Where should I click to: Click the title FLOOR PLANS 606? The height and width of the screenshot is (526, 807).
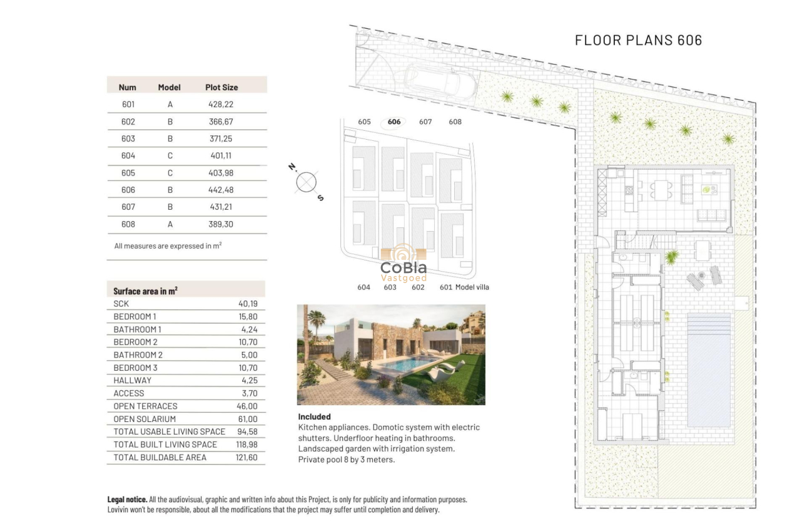[x=638, y=40]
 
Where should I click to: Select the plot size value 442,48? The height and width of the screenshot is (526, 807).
[x=221, y=190]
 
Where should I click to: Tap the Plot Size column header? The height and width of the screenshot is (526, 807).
[x=221, y=87]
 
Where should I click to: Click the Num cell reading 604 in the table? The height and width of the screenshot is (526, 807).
[x=128, y=155]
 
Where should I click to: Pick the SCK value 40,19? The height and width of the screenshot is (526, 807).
[x=248, y=304]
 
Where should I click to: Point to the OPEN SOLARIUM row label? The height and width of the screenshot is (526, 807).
[x=145, y=419]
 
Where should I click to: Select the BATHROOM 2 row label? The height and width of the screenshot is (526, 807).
[x=138, y=355]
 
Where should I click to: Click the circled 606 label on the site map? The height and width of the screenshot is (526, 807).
[x=394, y=122]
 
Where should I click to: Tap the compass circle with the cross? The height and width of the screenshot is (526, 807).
[x=306, y=183]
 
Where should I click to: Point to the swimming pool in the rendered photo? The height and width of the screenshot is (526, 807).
[x=407, y=364]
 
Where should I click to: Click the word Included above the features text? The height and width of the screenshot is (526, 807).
[x=314, y=416]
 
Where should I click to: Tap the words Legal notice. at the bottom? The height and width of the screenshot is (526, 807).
[x=128, y=500]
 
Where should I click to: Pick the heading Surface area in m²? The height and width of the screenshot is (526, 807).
[x=145, y=291]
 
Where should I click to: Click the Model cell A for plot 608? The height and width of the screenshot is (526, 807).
[x=170, y=224]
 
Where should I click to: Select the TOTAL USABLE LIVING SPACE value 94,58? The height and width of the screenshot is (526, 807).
[x=248, y=431]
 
